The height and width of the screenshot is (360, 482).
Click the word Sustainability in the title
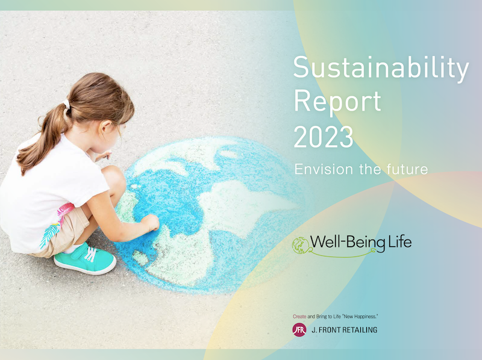(x=381, y=68)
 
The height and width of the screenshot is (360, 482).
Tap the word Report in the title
(x=337, y=101)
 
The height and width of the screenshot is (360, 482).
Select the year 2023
(x=324, y=137)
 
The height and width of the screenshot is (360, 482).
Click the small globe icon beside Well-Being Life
(x=300, y=246)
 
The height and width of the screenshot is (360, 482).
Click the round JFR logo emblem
(x=299, y=330)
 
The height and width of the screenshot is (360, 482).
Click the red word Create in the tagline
(x=299, y=317)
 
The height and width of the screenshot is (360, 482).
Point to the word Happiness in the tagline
(x=366, y=317)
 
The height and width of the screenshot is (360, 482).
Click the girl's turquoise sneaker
(x=85, y=259)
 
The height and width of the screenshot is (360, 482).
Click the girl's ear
(x=106, y=126)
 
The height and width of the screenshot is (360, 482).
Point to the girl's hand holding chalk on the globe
(x=151, y=222)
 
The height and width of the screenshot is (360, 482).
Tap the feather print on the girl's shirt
(x=49, y=235)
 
